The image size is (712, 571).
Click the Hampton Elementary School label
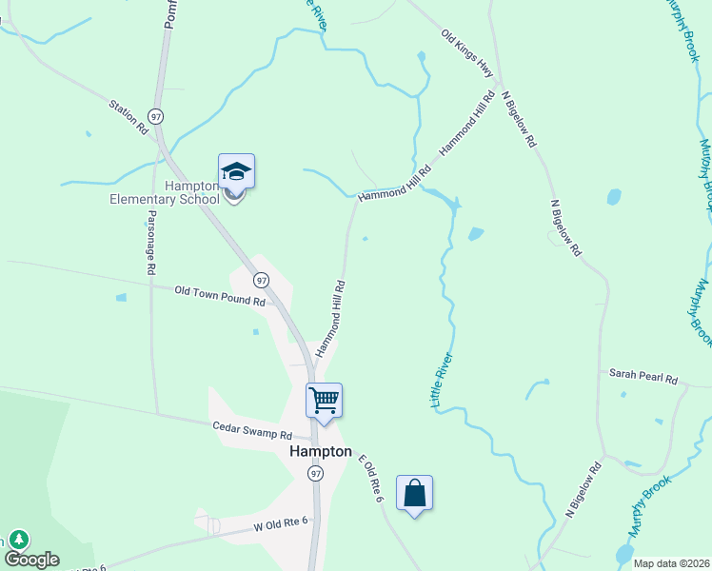click(x=179, y=192)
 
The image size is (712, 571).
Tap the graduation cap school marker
click(x=236, y=172)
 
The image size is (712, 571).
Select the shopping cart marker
click(x=324, y=400)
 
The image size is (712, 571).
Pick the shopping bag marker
click(x=414, y=493)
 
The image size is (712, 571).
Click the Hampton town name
click(x=320, y=452)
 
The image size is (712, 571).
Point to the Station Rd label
click(x=129, y=116)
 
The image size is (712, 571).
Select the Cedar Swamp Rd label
click(x=250, y=430)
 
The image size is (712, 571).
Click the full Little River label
click(x=443, y=381)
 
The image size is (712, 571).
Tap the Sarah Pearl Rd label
click(x=643, y=377)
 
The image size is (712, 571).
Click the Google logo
click(x=31, y=560)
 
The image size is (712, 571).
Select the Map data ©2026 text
click(x=671, y=563)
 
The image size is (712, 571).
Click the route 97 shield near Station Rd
click(x=156, y=115)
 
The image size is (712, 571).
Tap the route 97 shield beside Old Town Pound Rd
click(x=261, y=280)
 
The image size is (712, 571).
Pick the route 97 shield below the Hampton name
click(x=316, y=473)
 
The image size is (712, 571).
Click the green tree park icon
click(x=18, y=540)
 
